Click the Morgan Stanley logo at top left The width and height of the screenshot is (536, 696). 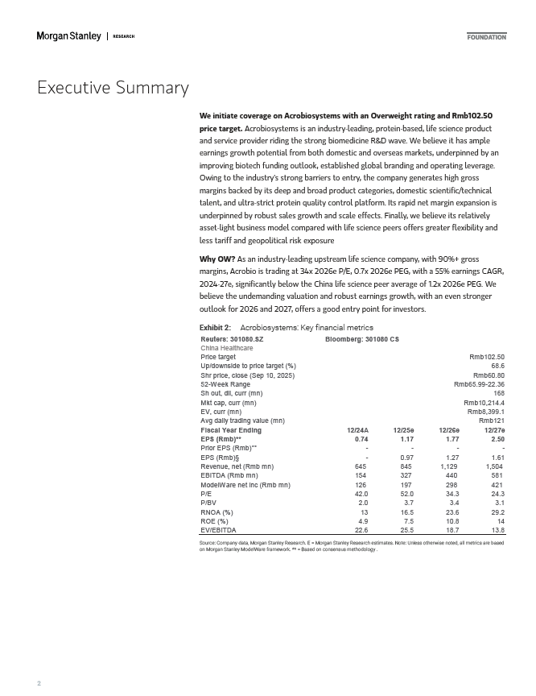click(69, 36)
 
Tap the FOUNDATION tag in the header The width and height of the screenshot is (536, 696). click(487, 37)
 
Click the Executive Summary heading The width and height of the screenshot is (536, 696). click(113, 88)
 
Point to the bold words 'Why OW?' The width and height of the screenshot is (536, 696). click(216, 261)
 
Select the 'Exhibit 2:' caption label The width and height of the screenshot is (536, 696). click(215, 328)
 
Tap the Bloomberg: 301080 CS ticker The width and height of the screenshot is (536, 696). click(362, 339)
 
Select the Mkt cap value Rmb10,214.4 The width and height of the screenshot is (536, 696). click(484, 403)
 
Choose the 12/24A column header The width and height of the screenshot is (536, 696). click(357, 430)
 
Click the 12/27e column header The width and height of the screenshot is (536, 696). click(494, 430)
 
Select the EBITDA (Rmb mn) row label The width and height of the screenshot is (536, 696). click(229, 476)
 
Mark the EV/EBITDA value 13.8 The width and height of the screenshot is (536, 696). click(497, 531)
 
